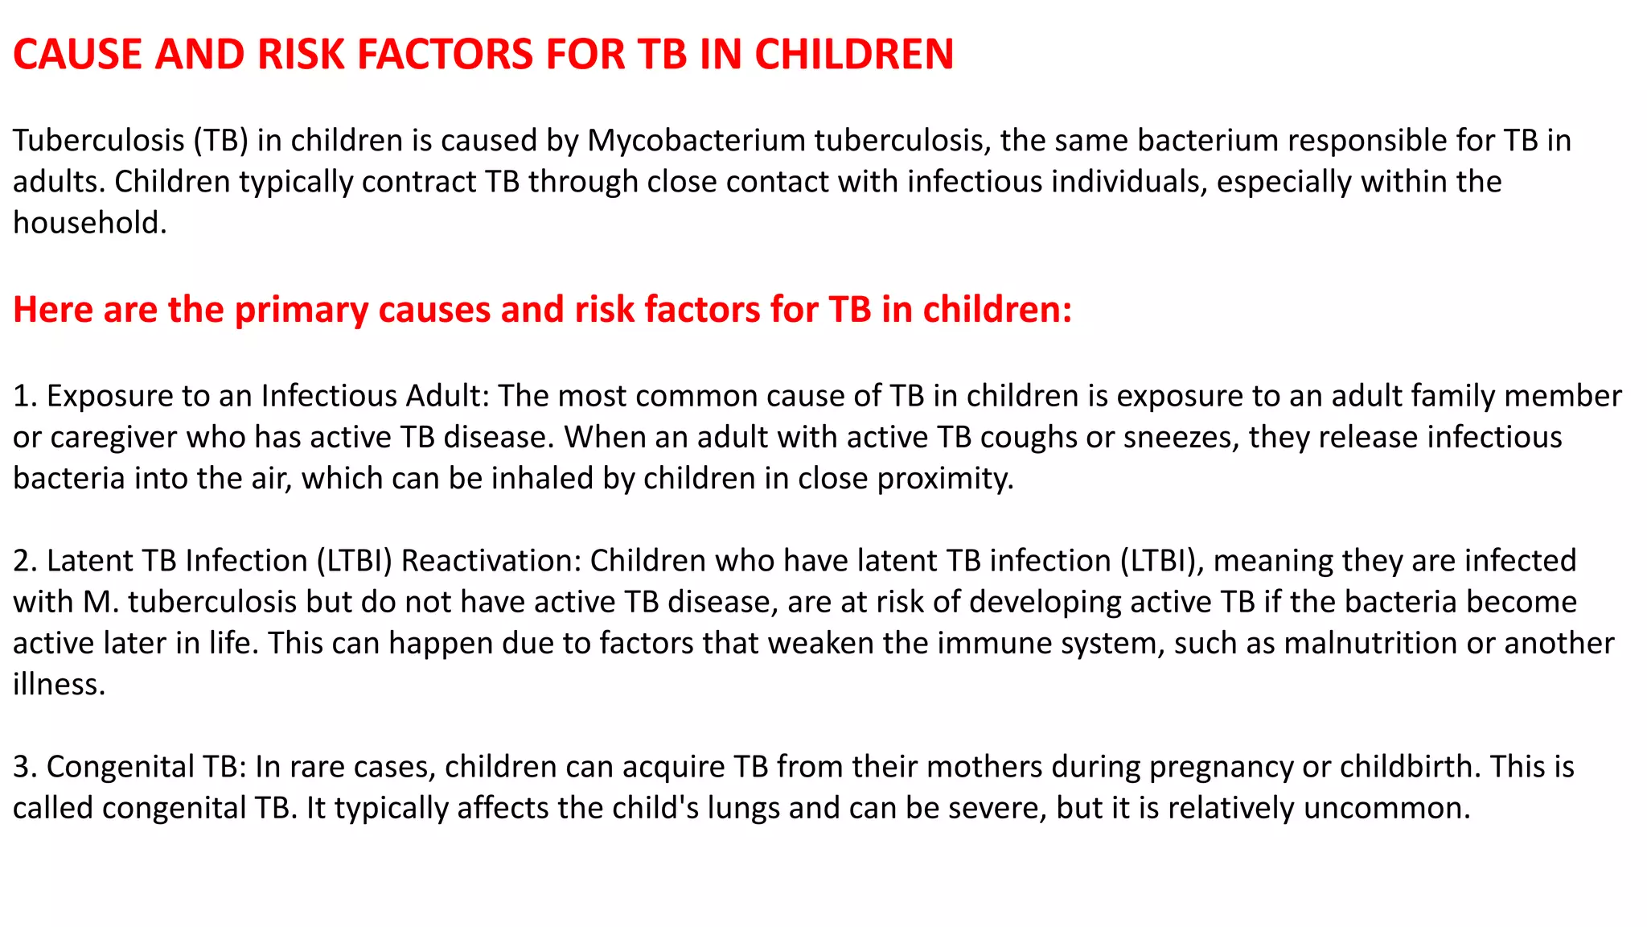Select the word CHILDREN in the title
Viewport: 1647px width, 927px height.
pos(853,55)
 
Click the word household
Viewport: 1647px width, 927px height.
pos(88,223)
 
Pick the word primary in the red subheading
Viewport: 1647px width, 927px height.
pos(301,311)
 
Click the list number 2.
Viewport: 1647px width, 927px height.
pos(23,561)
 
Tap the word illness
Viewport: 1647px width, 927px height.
pos(58,685)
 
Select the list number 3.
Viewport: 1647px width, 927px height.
pos(23,767)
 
